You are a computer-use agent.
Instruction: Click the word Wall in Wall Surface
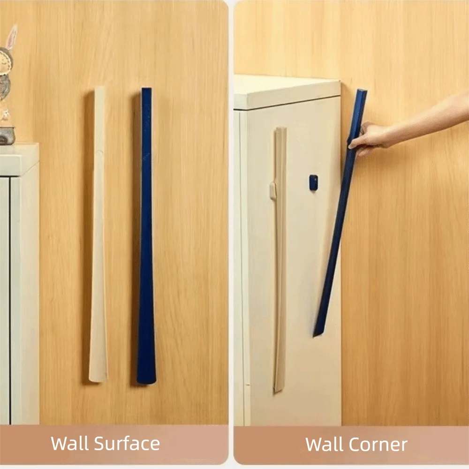coord(70,443)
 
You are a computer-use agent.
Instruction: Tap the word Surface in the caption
coord(127,443)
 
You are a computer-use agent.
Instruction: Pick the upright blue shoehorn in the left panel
coord(146,236)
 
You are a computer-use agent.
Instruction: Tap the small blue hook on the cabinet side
coord(313,182)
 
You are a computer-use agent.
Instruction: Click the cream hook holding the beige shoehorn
coord(272,191)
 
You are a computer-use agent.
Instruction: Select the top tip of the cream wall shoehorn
coord(99,88)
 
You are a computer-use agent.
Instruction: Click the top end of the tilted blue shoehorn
coord(362,91)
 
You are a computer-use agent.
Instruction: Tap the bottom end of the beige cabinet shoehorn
coord(277,391)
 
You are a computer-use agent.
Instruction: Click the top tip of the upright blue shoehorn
coord(146,89)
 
